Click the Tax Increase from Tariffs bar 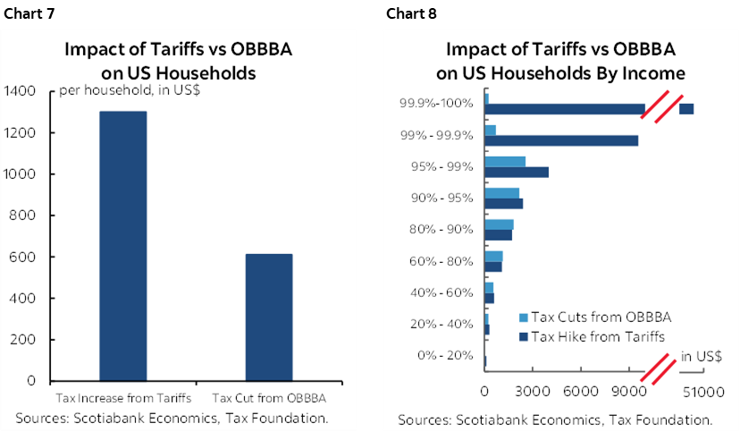pyautogui.click(x=122, y=246)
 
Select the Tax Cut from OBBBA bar pyautogui.click(x=268, y=318)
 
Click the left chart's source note pyautogui.click(x=172, y=418)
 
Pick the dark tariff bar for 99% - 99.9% pyautogui.click(x=560, y=140)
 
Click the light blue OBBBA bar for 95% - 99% pyautogui.click(x=504, y=161)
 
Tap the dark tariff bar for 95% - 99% pyautogui.click(x=516, y=172)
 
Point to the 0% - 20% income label pyautogui.click(x=445, y=355)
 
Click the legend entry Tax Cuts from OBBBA pyautogui.click(x=594, y=318)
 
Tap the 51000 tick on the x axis pyautogui.click(x=702, y=391)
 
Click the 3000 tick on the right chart pyautogui.click(x=532, y=391)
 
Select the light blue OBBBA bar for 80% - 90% pyautogui.click(x=499, y=224)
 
